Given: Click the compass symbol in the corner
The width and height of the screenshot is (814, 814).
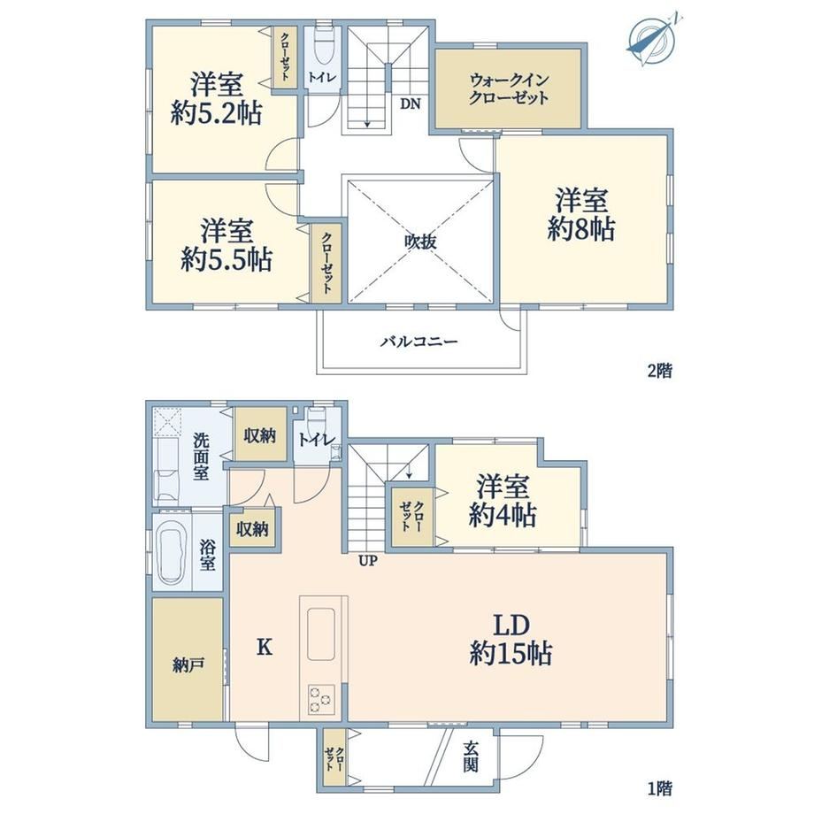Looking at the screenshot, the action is tap(652, 39).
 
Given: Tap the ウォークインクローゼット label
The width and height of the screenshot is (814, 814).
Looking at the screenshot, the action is tap(509, 89).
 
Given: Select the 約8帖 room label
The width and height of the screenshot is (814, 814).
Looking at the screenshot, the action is tap(581, 215).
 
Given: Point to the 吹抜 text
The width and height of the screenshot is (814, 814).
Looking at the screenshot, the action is tap(420, 242).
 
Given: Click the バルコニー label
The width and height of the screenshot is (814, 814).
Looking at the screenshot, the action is tap(419, 342).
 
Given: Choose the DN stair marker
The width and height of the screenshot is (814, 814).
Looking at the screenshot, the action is tap(411, 104).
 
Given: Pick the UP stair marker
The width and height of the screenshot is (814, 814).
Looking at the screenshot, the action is tap(368, 561).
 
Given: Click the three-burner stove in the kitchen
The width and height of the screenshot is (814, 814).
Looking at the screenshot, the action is tap(320, 699).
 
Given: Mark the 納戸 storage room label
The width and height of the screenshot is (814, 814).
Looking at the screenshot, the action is tap(188, 665).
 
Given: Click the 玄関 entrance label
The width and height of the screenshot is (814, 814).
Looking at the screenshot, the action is tap(471, 756).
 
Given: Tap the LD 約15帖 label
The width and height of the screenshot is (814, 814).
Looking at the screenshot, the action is tap(511, 640).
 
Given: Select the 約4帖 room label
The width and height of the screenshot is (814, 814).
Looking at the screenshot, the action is tap(503, 502).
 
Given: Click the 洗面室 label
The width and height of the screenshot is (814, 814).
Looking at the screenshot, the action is tap(201, 457).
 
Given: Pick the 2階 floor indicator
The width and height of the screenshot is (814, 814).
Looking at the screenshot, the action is tap(660, 371).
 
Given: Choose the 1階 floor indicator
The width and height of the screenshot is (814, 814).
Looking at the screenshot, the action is tap(660, 789).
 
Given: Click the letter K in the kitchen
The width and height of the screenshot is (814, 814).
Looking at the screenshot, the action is tap(265, 647).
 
